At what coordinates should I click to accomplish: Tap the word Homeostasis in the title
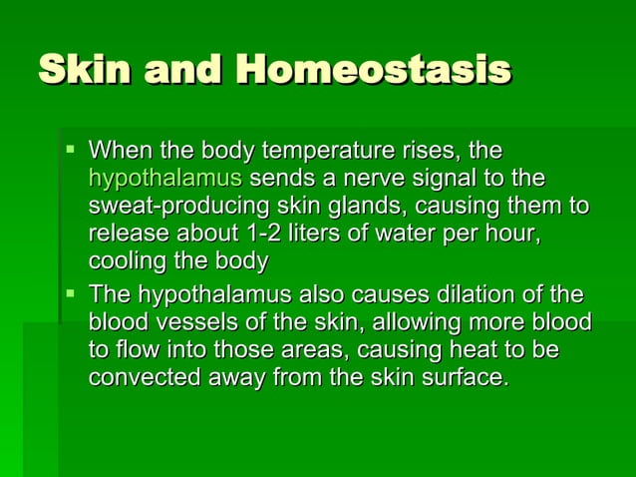374,70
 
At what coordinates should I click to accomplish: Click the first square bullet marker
69,152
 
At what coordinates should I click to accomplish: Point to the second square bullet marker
69,295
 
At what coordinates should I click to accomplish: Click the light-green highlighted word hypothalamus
164,181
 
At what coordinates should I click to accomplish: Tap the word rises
428,153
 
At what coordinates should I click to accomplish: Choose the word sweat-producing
175,208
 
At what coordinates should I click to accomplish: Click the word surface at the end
469,378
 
